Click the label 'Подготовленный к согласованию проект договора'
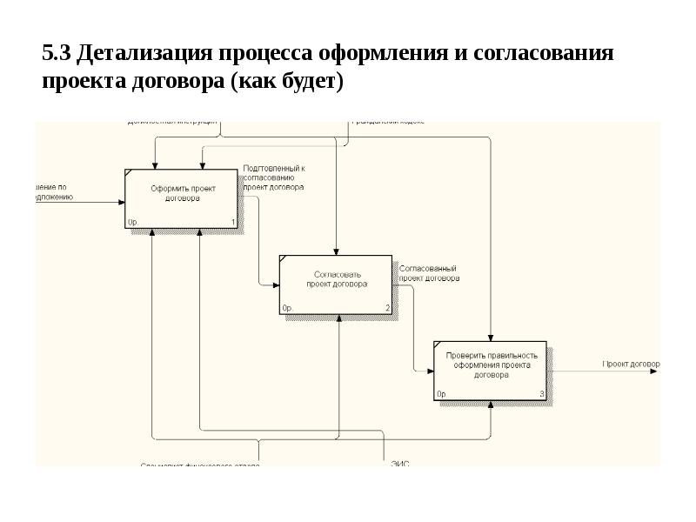pos(273,177)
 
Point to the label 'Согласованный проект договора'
pos(429,274)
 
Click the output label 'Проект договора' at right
pos(631,363)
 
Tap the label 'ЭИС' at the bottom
pos(399,464)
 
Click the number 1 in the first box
pos(233,223)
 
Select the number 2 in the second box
pos(387,309)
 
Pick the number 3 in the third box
pos(542,394)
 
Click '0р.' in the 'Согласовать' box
pos(288,309)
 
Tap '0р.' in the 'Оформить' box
pos(133,223)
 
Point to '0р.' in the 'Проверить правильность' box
pos(442,394)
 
